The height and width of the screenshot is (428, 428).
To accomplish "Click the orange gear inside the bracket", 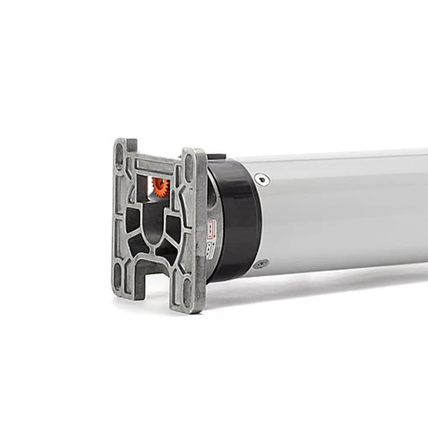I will pyautogui.click(x=161, y=187).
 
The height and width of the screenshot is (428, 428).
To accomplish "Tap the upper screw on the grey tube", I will pyautogui.click(x=262, y=179).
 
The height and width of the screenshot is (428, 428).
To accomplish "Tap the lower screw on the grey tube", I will pyautogui.click(x=261, y=264).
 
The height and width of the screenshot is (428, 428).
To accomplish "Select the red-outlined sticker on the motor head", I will pyautogui.click(x=211, y=230).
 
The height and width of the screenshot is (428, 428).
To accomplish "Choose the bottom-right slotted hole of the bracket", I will pyautogui.click(x=187, y=289).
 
